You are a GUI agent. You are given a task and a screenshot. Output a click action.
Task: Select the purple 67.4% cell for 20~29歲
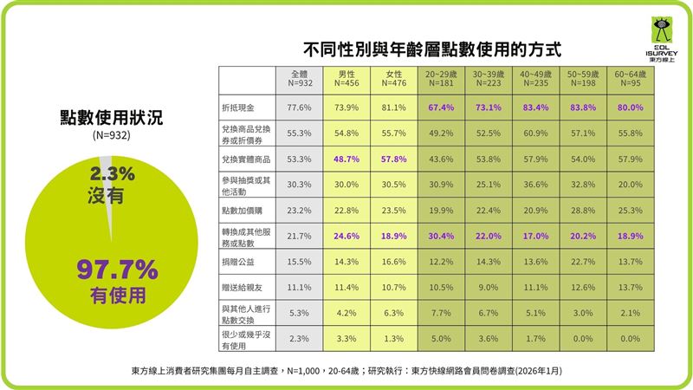click(x=441, y=107)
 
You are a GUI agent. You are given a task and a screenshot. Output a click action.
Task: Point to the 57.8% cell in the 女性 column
click(x=393, y=159)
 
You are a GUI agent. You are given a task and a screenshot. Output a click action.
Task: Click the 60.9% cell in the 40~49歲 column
click(x=535, y=133)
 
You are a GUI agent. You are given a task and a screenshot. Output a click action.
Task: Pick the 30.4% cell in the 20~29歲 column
click(x=441, y=236)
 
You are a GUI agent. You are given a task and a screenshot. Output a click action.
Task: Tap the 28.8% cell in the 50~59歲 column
click(x=583, y=210)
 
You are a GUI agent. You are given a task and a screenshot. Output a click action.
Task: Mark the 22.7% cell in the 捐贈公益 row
click(x=583, y=261)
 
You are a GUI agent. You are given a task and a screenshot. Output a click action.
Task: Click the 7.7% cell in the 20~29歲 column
click(x=441, y=312)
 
